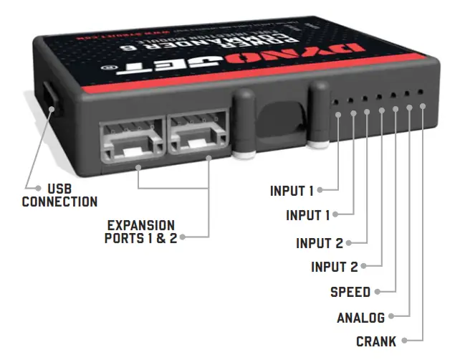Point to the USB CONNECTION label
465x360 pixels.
[x=59, y=196]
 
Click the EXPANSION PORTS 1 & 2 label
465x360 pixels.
[x=140, y=232]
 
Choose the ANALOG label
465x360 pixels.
[x=360, y=317]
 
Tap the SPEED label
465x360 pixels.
[x=350, y=292]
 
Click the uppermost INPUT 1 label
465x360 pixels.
[x=292, y=191]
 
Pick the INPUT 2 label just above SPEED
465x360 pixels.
[x=334, y=267]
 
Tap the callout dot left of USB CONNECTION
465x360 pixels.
[x=27, y=188]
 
